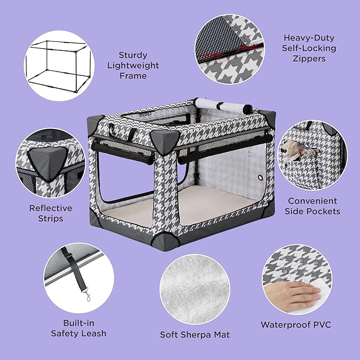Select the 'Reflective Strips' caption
(50, 213)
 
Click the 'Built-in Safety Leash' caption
(78, 328)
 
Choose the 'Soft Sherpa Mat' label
(195, 335)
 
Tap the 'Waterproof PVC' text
(295, 324)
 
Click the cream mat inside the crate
(186, 209)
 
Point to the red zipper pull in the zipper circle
(213, 58)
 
